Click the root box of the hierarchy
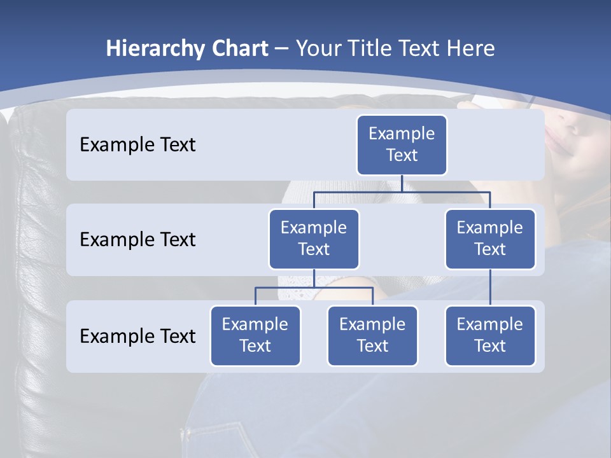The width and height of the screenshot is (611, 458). tap(402, 145)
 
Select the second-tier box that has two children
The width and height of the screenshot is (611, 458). tap(314, 239)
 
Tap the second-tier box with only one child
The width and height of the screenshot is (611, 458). tap(490, 239)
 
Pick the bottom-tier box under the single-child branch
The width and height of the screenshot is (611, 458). tap(490, 336)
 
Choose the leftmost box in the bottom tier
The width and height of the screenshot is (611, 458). tap(255, 336)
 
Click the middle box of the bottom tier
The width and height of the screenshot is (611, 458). tap(372, 336)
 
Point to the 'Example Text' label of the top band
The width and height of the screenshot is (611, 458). tap(137, 145)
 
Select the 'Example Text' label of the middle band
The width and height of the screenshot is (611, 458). tap(137, 240)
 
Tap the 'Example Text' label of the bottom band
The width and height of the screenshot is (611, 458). tap(137, 336)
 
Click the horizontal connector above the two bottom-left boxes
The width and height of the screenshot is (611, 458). tap(314, 288)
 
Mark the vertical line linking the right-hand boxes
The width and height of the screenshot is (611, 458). tap(490, 288)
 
